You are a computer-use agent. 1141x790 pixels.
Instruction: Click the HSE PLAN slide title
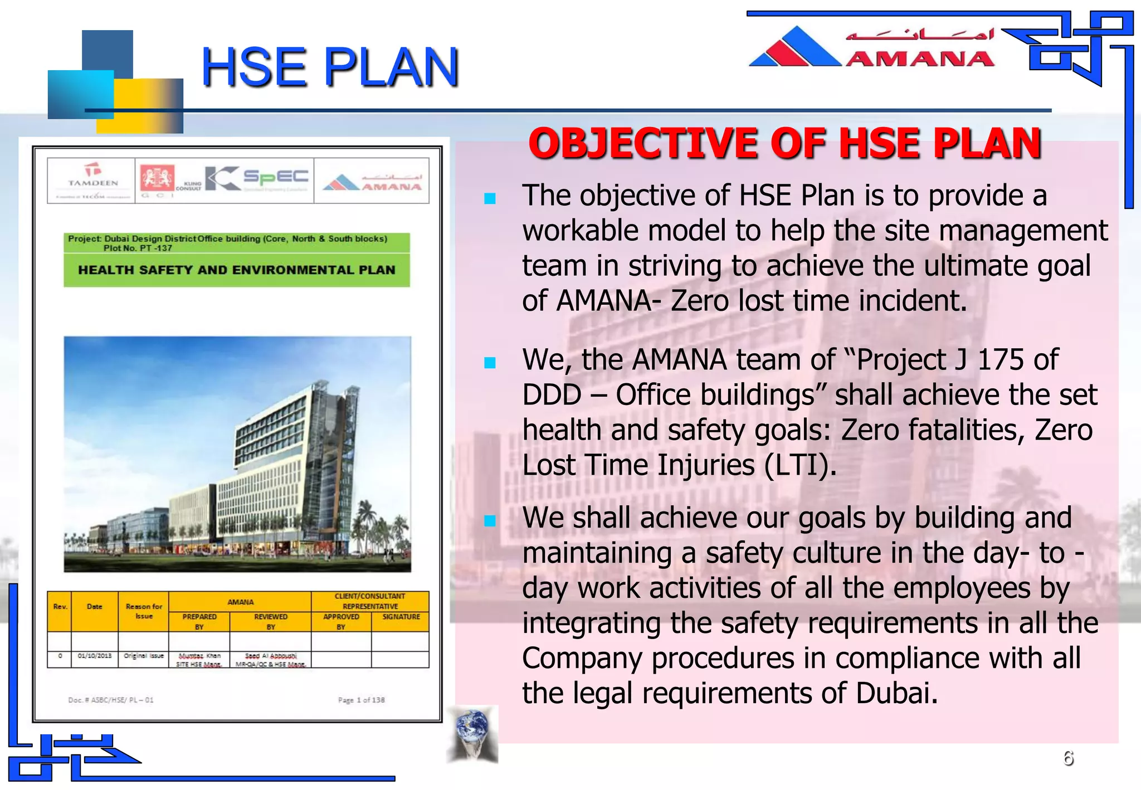[330, 68]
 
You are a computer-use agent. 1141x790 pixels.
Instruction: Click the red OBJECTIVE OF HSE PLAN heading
[784, 143]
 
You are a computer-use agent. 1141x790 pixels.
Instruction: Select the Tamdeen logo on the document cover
[92, 181]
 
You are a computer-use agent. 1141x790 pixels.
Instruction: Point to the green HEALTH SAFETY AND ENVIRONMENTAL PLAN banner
[237, 270]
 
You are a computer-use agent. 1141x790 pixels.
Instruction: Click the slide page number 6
[1068, 758]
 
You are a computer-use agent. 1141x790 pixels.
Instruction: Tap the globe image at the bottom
[472, 733]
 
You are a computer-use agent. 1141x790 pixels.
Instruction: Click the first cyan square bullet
[490, 199]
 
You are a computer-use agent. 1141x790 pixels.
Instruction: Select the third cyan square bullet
[490, 521]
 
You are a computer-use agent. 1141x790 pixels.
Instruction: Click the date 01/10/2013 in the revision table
[95, 656]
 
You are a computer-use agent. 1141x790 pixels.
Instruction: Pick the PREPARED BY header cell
[199, 621]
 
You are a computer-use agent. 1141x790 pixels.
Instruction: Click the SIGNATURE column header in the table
[401, 617]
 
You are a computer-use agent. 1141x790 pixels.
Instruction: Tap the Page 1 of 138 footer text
[361, 700]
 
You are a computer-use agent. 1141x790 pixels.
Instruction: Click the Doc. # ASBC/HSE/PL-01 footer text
[110, 700]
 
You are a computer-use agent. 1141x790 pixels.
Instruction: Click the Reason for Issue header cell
[144, 611]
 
